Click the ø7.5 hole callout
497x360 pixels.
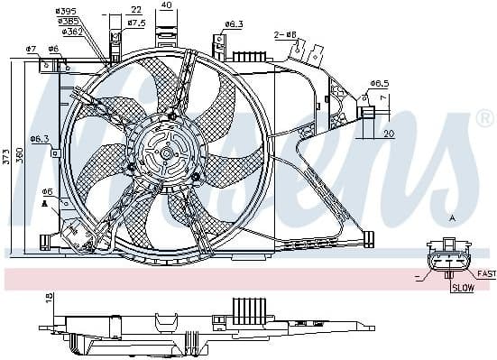click(x=136, y=22)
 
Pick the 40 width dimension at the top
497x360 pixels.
click(x=165, y=5)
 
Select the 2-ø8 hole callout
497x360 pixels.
click(x=284, y=35)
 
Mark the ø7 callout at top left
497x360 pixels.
click(x=31, y=48)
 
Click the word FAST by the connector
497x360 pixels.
click(x=486, y=273)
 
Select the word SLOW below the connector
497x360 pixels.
click(x=462, y=289)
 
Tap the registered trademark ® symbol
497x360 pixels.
click(x=484, y=118)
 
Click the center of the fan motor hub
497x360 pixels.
click(x=167, y=153)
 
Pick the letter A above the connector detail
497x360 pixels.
click(x=452, y=218)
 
